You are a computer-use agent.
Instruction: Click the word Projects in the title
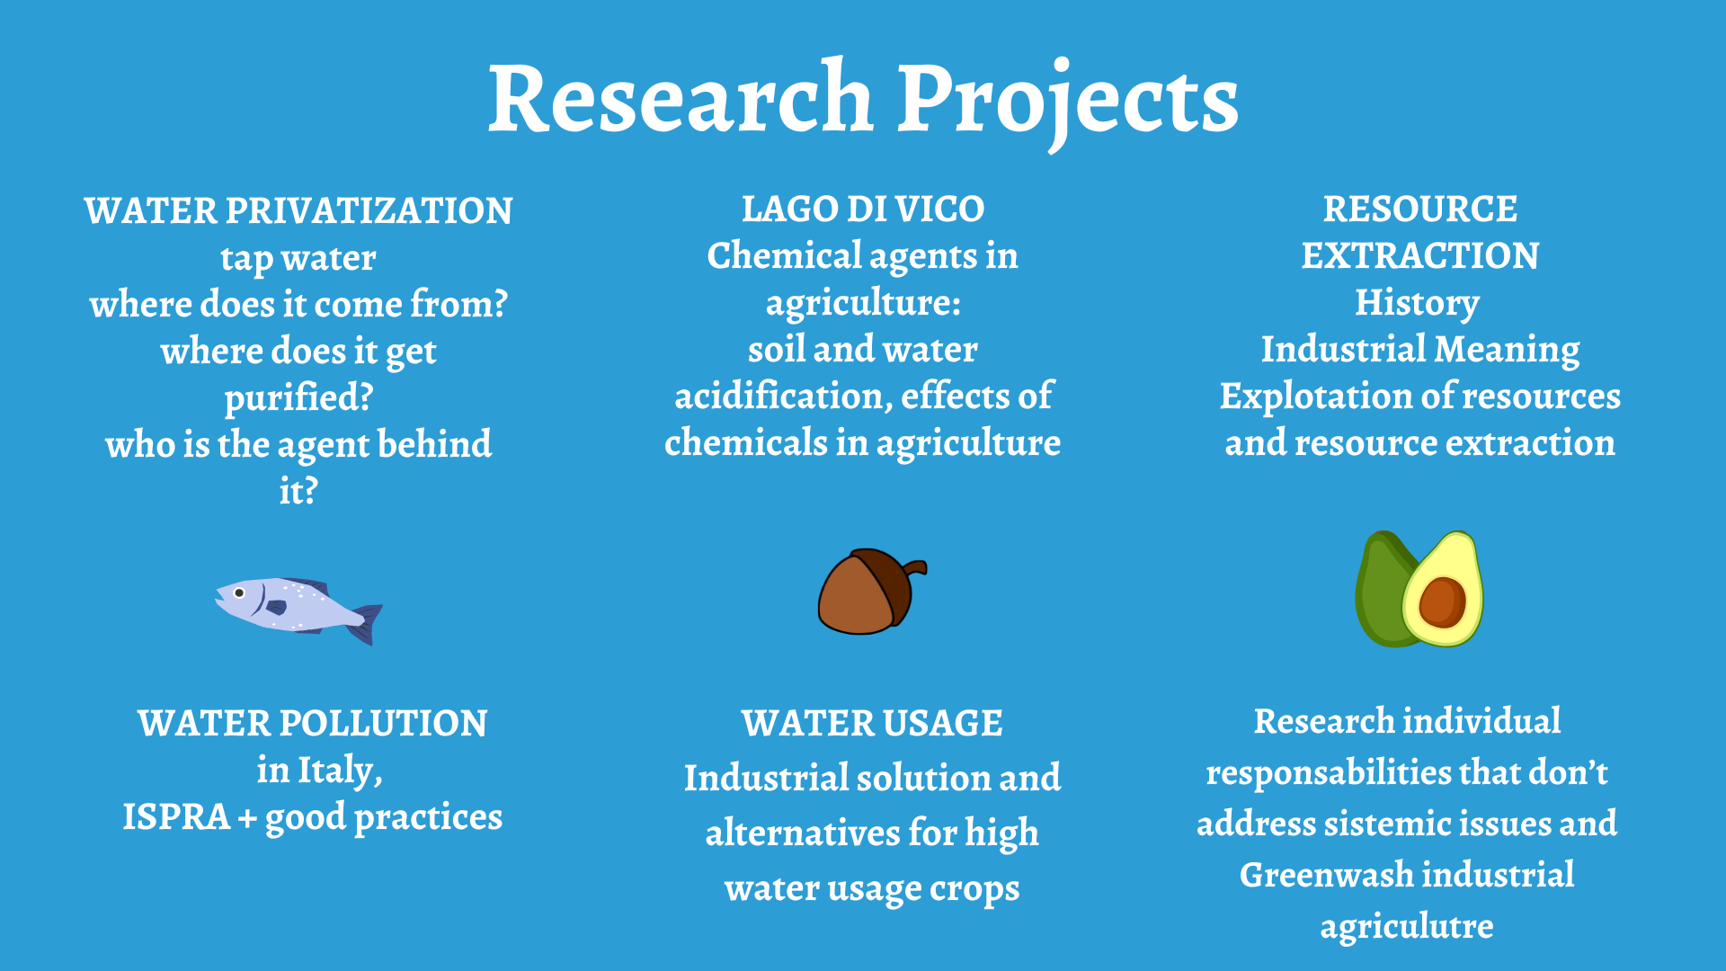click(1068, 103)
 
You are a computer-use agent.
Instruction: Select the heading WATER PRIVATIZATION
click(298, 210)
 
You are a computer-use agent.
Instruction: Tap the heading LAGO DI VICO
click(863, 209)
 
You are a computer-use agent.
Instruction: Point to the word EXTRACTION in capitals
click(1420, 255)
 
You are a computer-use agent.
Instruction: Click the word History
click(1417, 304)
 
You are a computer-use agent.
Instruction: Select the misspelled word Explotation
click(1314, 397)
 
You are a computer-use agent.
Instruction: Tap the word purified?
click(298, 398)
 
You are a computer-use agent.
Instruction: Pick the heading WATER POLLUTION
click(313, 723)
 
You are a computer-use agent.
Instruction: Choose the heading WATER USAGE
click(872, 723)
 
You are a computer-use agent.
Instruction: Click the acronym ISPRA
click(176, 816)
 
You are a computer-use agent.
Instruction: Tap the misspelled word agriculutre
click(1407, 927)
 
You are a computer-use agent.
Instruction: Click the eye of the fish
click(239, 592)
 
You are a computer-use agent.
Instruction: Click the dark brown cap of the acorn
click(886, 583)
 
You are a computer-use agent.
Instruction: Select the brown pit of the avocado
click(1443, 602)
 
